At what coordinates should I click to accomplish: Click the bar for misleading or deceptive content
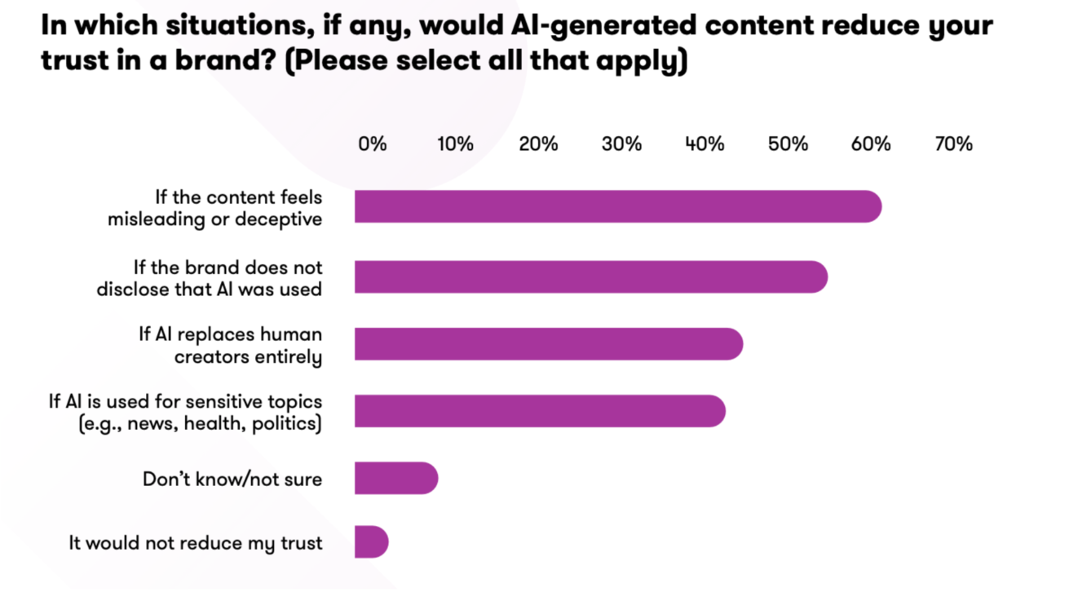point(617,207)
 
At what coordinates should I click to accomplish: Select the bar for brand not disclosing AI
point(590,277)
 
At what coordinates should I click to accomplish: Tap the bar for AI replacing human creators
point(548,344)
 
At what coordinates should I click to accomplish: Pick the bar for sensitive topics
point(539,411)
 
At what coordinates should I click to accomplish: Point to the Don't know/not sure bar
point(395,478)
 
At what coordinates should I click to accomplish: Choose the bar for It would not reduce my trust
point(371,541)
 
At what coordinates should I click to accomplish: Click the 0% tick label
point(372,144)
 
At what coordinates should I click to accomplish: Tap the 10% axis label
point(455,144)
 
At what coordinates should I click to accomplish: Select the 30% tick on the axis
point(621,144)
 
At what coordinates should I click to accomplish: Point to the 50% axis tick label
point(788,144)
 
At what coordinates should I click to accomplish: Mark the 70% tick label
point(953,144)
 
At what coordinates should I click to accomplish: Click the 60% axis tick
point(871,144)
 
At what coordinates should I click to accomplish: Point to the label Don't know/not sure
point(232,479)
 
